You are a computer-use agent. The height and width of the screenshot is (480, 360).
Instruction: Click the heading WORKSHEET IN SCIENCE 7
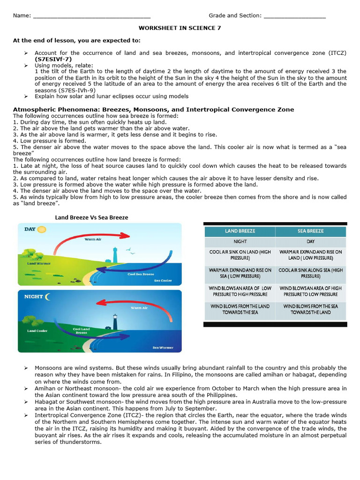point(180,28)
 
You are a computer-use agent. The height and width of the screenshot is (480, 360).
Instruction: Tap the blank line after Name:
point(91,16)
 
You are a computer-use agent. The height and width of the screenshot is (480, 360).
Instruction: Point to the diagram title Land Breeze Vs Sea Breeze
point(91,217)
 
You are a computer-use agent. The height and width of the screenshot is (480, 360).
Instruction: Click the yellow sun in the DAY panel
point(42,230)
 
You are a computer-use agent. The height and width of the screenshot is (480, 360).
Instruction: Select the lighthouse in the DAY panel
point(114,255)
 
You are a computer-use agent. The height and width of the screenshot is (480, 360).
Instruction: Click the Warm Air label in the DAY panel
point(93,239)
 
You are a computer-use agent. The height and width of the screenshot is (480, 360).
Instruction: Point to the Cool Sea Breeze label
point(141,274)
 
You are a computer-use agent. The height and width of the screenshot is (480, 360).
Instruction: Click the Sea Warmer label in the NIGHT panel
point(163,348)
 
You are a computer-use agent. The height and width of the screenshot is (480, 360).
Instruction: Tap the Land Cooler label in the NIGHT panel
point(38,331)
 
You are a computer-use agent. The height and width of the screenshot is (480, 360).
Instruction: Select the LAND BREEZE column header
point(240,231)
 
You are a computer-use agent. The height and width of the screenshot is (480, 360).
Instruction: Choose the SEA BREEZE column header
point(310,231)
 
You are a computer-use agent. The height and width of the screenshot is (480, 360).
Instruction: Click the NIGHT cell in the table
point(240,242)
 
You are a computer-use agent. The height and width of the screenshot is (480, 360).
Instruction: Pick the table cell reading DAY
point(310,242)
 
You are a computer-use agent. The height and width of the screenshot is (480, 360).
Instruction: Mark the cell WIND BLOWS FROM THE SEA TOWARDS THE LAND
point(310,309)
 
